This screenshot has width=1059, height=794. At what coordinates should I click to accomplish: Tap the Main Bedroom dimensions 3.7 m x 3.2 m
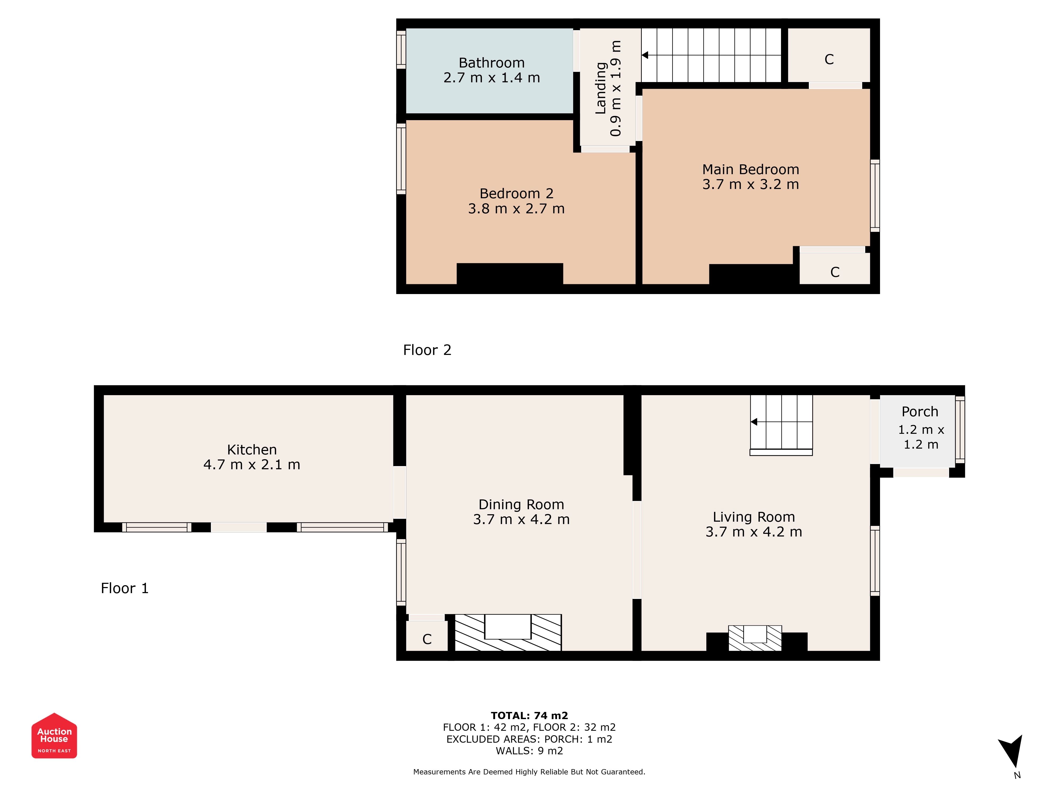click(x=750, y=184)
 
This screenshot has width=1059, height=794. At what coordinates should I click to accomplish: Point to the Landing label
click(x=600, y=88)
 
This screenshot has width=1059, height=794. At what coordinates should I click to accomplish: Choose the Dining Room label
click(x=521, y=504)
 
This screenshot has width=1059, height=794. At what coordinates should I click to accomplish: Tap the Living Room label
click(x=753, y=517)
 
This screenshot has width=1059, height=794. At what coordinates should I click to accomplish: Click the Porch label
click(x=920, y=412)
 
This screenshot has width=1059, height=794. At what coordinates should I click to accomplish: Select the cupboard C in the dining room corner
click(x=427, y=639)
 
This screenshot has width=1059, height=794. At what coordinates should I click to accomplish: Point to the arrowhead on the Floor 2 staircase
click(x=645, y=55)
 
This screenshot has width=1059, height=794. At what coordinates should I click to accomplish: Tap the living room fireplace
click(x=755, y=638)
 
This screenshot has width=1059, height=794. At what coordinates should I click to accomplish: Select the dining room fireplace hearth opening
click(x=508, y=626)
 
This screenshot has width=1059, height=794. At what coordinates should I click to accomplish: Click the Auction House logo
click(x=54, y=736)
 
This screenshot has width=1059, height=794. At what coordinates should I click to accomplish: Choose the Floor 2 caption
click(x=427, y=350)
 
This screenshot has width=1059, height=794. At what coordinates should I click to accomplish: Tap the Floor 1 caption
click(x=124, y=588)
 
